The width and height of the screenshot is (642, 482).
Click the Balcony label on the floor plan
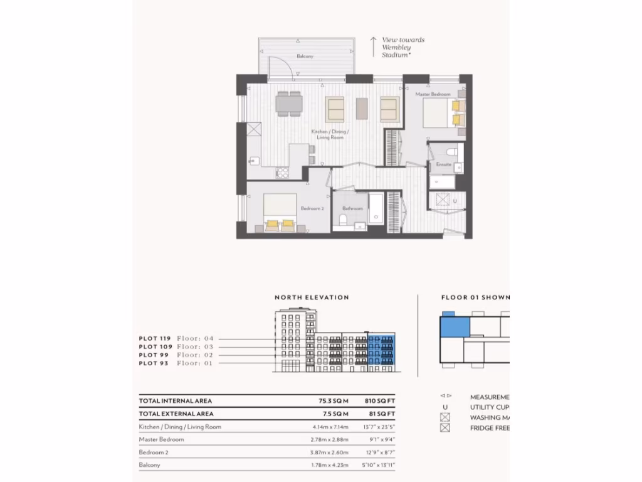pos(305,56)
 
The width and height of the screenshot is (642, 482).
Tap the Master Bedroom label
pos(433,94)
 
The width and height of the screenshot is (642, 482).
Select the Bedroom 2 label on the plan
pos(312,208)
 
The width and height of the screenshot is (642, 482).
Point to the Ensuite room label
pos(444,164)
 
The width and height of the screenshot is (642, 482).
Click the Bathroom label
pos(352,208)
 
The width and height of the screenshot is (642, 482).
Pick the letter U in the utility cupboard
pos(455,201)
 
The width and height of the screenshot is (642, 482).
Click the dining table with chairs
pos(289,104)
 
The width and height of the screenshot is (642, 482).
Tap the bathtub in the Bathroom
pos(375,208)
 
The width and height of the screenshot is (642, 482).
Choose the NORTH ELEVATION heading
pos(312,297)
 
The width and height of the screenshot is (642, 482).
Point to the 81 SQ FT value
pos(380,414)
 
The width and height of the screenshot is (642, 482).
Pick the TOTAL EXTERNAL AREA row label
pos(176,414)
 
